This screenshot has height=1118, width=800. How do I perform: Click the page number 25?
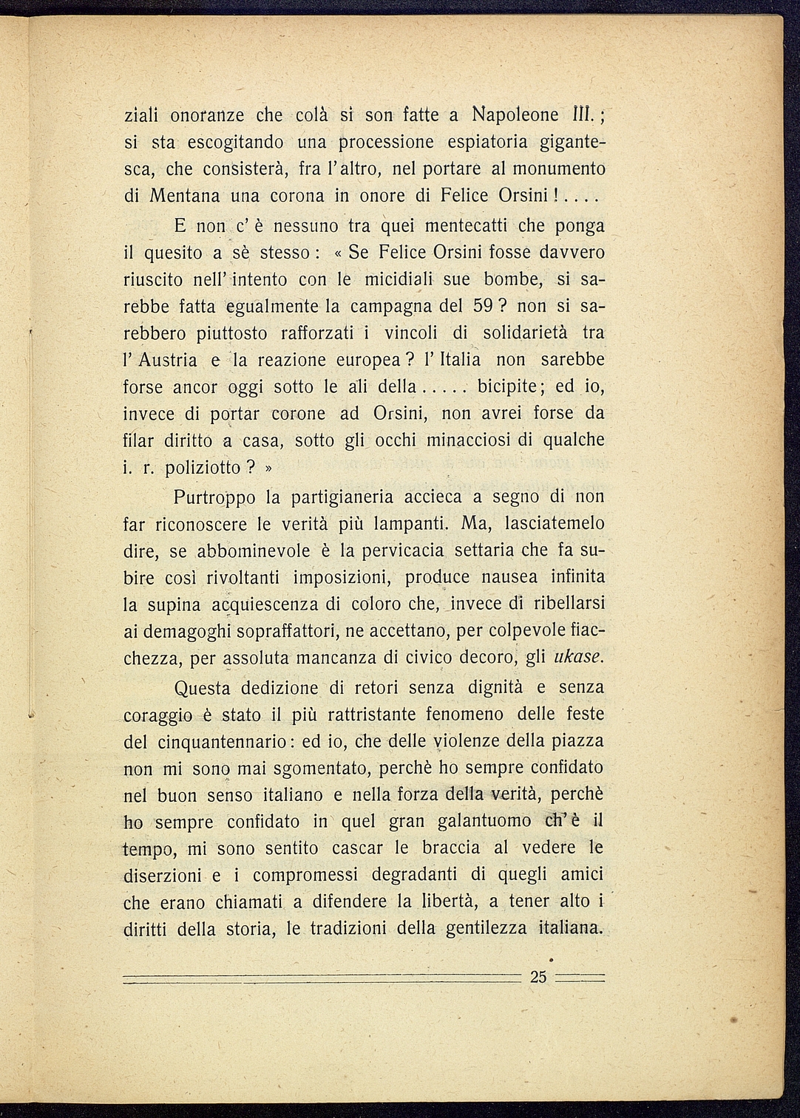(538, 976)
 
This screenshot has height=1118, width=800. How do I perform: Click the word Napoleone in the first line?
(515, 115)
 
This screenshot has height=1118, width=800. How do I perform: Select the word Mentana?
(185, 197)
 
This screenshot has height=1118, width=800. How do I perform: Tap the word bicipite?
(511, 386)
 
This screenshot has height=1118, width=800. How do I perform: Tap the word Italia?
(459, 360)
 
